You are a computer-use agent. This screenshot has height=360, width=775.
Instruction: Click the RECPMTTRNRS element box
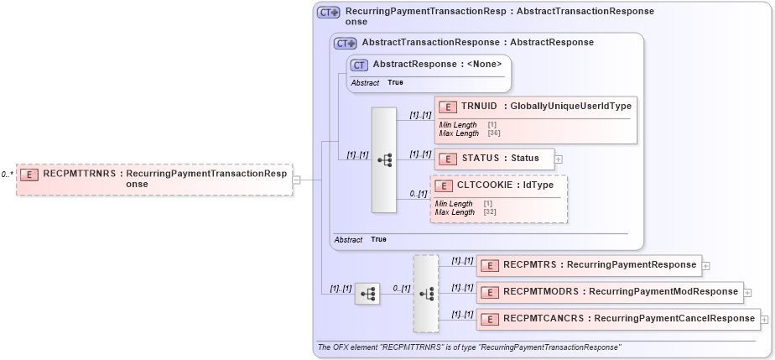155,180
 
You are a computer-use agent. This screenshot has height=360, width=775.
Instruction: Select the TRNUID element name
476,106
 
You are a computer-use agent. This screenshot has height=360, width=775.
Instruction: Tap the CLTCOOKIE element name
486,185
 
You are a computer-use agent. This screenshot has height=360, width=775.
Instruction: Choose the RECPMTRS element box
588,264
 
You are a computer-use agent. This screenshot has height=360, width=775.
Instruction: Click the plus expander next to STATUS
559,159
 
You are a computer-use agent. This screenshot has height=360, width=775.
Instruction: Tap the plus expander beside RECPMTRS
706,265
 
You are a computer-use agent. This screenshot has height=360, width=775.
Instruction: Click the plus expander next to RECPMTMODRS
747,293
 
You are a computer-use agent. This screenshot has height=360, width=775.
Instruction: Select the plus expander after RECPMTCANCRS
764,320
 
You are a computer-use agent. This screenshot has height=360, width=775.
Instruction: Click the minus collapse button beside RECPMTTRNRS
296,180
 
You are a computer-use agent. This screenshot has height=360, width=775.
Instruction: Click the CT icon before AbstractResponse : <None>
359,65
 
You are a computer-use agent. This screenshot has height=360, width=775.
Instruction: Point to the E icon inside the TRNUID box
447,107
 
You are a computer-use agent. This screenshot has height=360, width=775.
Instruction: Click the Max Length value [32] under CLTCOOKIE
488,212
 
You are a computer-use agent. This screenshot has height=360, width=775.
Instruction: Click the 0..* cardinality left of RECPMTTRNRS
7,175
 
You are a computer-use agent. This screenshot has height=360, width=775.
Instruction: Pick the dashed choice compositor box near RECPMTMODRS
426,293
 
